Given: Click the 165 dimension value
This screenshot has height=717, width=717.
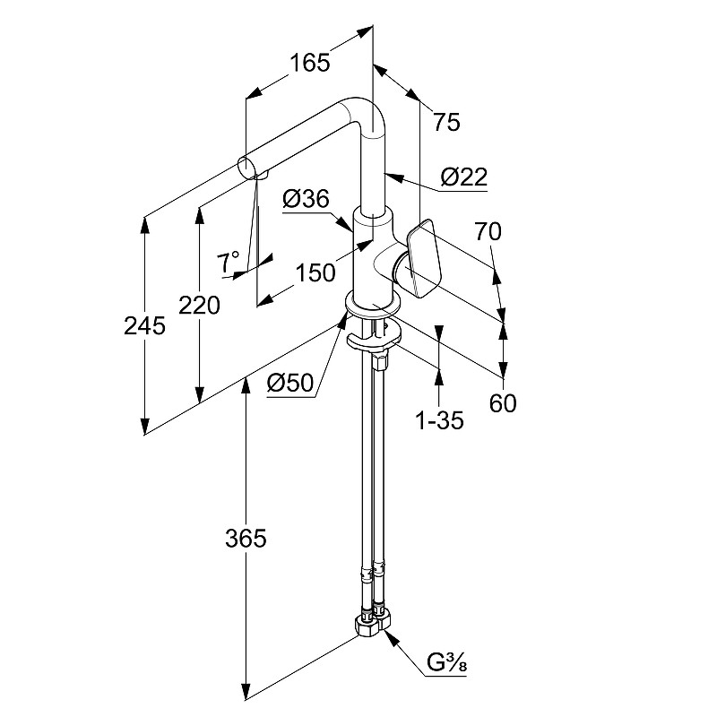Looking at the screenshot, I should click(310, 63).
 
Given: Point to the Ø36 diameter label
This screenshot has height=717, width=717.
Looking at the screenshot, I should click(306, 201).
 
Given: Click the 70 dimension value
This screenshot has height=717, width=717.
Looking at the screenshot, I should click(488, 231).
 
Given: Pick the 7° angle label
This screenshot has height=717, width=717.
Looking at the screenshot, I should click(229, 262).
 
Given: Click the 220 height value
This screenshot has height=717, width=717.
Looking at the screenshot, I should click(199, 307).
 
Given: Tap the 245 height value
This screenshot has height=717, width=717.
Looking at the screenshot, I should click(144, 326).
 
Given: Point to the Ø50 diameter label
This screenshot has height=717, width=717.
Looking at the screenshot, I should click(289, 384).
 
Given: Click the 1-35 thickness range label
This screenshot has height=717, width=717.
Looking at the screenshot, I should click(439, 419).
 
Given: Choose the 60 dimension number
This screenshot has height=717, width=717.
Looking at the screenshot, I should click(503, 403).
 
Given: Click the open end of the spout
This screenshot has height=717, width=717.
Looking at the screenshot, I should click(245, 166).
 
